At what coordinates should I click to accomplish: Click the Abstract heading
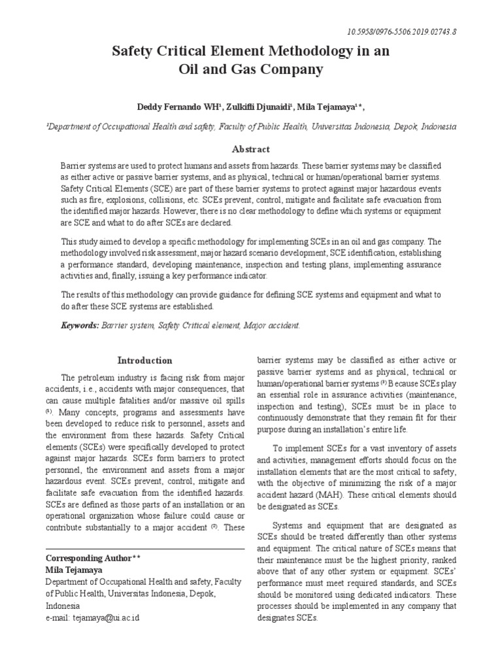coord(250,149)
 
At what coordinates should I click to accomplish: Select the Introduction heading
coord(144,360)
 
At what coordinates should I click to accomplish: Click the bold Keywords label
coord(80,325)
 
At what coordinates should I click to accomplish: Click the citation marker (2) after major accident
coord(213,527)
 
